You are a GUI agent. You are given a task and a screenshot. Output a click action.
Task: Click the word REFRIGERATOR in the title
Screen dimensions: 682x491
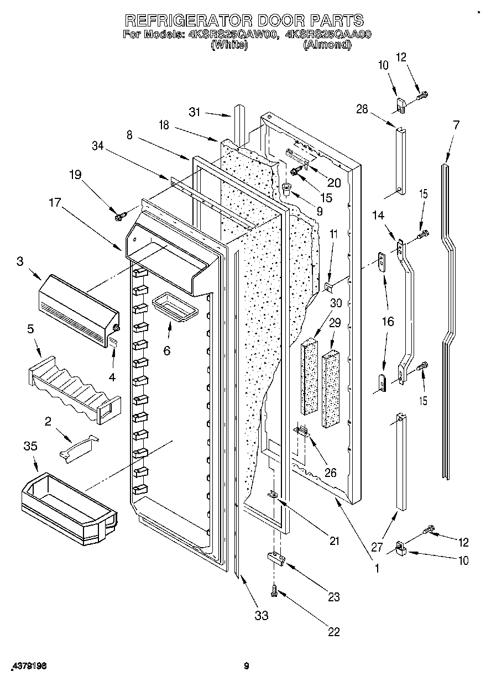(186, 20)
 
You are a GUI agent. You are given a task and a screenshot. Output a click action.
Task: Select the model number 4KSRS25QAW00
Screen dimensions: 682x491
(232, 34)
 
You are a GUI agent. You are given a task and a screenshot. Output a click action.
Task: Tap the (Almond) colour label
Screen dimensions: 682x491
(327, 45)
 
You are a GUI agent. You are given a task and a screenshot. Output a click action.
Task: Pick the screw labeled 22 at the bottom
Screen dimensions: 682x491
(274, 591)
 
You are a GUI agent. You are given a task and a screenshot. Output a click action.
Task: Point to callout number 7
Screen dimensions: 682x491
(456, 125)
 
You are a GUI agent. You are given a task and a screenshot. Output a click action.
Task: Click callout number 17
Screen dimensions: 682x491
(54, 202)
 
